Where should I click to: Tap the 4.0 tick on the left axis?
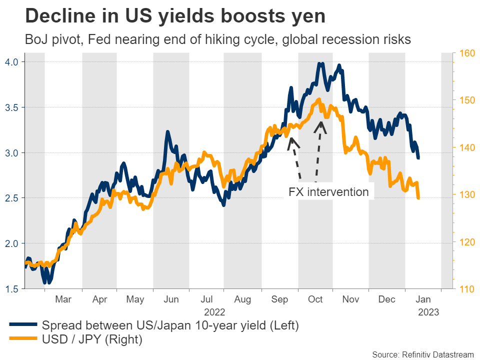pos(12,62)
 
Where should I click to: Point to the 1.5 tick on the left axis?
pos(12,289)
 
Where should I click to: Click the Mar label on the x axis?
pos(62,299)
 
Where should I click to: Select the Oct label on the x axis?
pos(315,299)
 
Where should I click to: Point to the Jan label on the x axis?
pos(422,299)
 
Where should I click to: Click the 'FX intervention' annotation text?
pos(328,192)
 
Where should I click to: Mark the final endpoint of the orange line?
pos(418,198)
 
